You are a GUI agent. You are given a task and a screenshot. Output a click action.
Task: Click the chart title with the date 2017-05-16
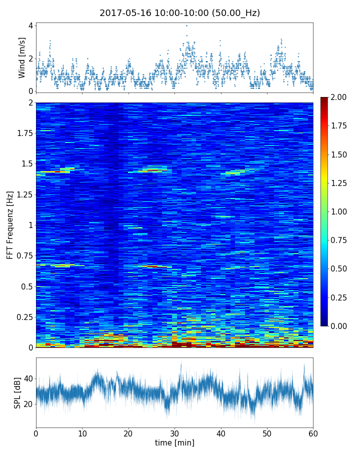tap(179, 13)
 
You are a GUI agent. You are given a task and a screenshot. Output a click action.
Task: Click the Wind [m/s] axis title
tap(22, 57)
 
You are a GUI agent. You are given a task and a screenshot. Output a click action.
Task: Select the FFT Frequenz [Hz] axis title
tap(10, 224)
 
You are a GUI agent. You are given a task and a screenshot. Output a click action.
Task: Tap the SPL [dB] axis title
tap(17, 391)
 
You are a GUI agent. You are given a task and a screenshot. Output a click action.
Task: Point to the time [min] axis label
tap(174, 442)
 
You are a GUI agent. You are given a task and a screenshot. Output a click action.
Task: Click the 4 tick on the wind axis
tap(30, 25)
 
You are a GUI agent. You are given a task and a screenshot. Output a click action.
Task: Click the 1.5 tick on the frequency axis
tap(27, 164)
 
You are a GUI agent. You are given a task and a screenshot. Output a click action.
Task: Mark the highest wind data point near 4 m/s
tap(186, 25)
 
